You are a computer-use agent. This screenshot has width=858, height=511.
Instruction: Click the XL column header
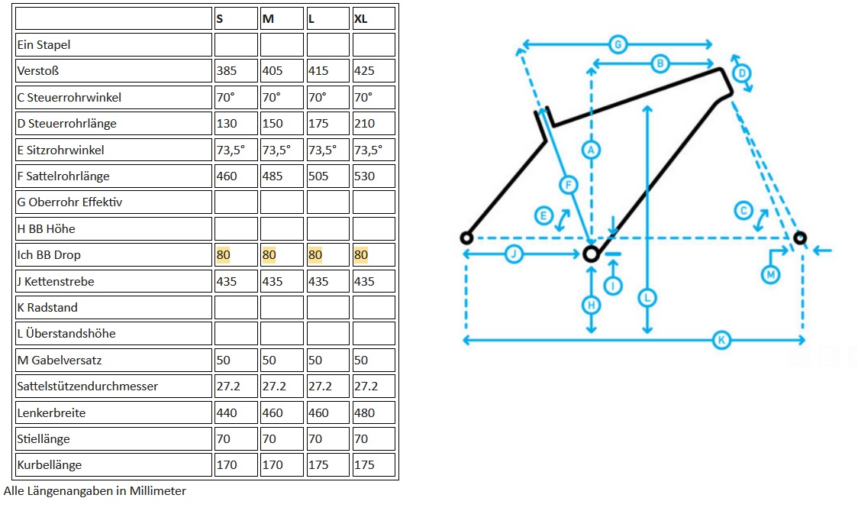tap(360, 19)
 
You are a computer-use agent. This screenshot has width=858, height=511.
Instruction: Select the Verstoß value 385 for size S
tap(227, 71)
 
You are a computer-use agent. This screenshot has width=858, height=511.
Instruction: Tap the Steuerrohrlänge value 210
tap(364, 124)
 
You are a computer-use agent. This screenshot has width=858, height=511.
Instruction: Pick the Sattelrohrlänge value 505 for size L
tap(318, 176)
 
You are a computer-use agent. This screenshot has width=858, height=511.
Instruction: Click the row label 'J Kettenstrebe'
tap(56, 282)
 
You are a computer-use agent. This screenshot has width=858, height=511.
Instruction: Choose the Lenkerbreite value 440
tap(227, 413)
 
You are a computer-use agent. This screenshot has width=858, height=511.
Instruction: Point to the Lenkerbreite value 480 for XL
tap(364, 413)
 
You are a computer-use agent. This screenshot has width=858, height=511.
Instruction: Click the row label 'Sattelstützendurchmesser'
tap(88, 386)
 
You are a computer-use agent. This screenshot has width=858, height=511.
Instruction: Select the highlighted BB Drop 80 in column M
tap(269, 255)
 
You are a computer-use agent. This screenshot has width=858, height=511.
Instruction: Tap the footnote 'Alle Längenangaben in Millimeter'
tap(95, 491)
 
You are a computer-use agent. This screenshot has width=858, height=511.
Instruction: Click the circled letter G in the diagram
tap(618, 44)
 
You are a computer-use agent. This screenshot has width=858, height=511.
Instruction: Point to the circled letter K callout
tap(721, 340)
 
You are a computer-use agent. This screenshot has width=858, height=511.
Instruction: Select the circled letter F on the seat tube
tap(567, 184)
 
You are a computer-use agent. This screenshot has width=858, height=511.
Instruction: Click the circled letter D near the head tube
tap(741, 73)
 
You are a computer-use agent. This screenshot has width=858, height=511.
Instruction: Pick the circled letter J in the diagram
tap(514, 254)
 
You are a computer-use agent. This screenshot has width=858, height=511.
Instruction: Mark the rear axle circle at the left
tap(466, 238)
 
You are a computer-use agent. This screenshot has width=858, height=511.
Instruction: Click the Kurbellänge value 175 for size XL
tap(364, 465)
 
